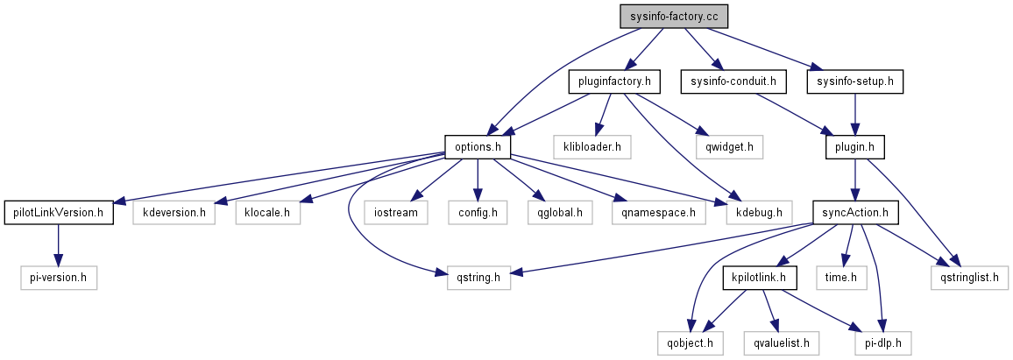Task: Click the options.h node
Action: point(478,147)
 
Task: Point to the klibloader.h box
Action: point(592,147)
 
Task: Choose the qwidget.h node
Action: point(724,147)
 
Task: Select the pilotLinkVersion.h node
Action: point(59,212)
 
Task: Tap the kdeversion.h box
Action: point(174,212)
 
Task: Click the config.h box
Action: point(478,212)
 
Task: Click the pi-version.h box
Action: point(59,278)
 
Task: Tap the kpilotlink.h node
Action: point(759,278)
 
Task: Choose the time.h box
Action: point(847,278)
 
